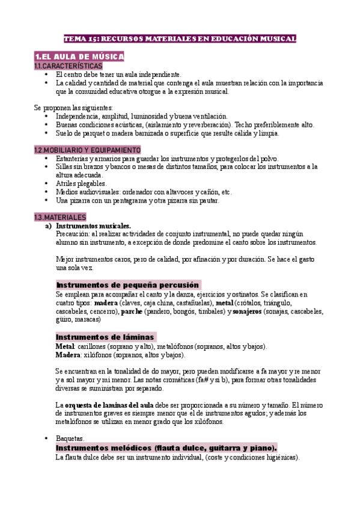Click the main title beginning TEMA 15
click(x=180, y=38)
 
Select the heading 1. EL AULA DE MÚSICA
click(x=79, y=57)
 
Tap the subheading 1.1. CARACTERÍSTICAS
click(x=69, y=66)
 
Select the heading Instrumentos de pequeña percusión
click(x=128, y=284)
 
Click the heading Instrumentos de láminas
click(x=105, y=337)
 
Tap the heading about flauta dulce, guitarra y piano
click(x=166, y=448)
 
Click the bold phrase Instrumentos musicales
click(x=93, y=226)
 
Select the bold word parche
click(x=132, y=312)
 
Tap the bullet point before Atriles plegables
click(x=47, y=183)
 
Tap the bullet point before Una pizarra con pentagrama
click(x=47, y=200)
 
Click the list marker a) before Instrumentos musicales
click(x=49, y=226)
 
